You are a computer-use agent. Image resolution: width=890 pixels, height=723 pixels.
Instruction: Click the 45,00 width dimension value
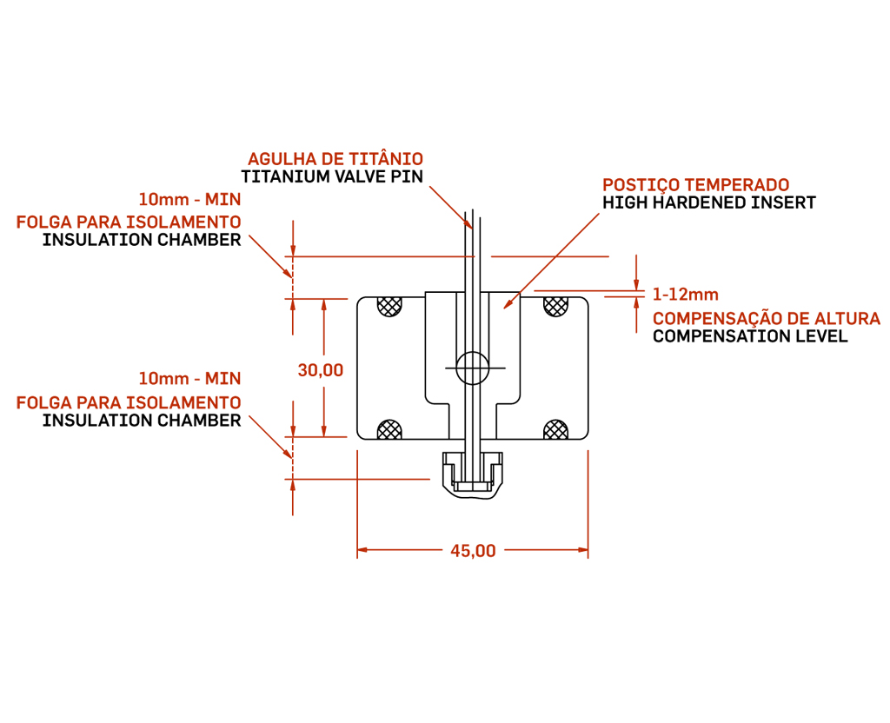473,550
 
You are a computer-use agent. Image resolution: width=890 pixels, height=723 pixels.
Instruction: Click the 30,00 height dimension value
321,369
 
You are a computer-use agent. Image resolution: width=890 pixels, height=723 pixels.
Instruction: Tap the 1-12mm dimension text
686,295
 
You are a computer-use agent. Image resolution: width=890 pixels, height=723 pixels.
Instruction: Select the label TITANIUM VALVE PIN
332,177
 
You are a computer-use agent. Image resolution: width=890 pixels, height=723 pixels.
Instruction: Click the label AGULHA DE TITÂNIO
335,159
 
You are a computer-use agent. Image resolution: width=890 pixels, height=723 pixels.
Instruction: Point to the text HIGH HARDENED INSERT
709,203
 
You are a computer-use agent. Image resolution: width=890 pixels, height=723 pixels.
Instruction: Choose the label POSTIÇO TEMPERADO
696,185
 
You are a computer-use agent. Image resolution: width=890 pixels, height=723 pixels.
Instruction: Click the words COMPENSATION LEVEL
750,336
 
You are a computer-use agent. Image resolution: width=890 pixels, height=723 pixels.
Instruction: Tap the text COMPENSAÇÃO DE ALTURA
767,318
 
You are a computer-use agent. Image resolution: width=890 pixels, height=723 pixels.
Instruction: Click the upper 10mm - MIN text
189,197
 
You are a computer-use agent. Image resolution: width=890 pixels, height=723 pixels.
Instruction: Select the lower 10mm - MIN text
189,379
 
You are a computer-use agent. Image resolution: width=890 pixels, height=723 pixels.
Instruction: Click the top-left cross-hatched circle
389,306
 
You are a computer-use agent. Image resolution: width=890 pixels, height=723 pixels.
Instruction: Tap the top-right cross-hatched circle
555,306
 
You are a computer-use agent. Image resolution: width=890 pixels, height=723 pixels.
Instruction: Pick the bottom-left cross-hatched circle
389,429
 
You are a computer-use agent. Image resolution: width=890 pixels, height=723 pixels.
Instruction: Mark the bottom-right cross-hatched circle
555,429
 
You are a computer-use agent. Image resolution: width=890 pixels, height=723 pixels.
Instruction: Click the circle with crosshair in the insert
473,368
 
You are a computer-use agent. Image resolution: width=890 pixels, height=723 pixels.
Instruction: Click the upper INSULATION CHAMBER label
142,241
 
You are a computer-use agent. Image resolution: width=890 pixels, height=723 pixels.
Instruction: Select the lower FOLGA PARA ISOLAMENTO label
129,403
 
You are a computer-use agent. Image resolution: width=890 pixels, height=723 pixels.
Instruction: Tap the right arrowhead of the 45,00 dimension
582,550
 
